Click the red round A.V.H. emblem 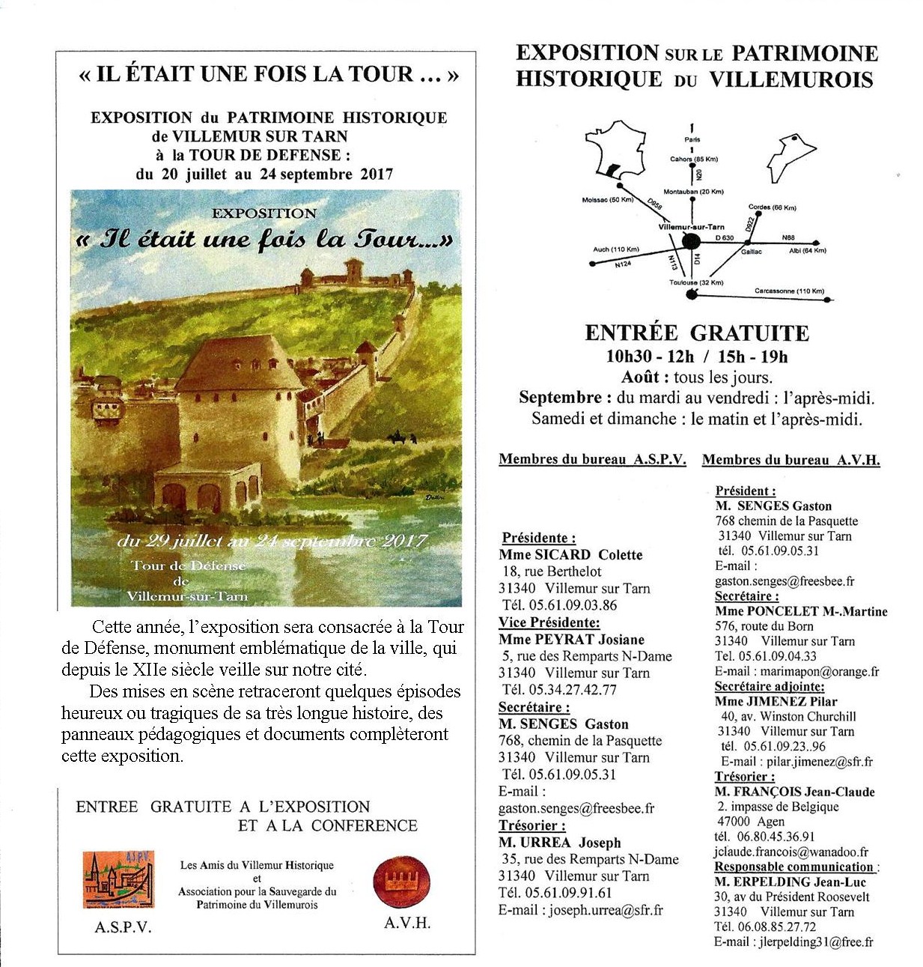tap(400, 882)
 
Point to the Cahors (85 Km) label tap(693, 159)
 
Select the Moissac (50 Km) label tap(607, 200)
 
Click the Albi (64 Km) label tap(807, 250)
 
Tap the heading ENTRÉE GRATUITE tap(697, 333)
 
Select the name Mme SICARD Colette tap(570, 555)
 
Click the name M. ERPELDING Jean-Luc tap(790, 882)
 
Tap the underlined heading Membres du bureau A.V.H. tap(791, 460)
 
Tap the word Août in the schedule tap(641, 378)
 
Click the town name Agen tap(749, 822)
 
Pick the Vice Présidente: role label tap(549, 622)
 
